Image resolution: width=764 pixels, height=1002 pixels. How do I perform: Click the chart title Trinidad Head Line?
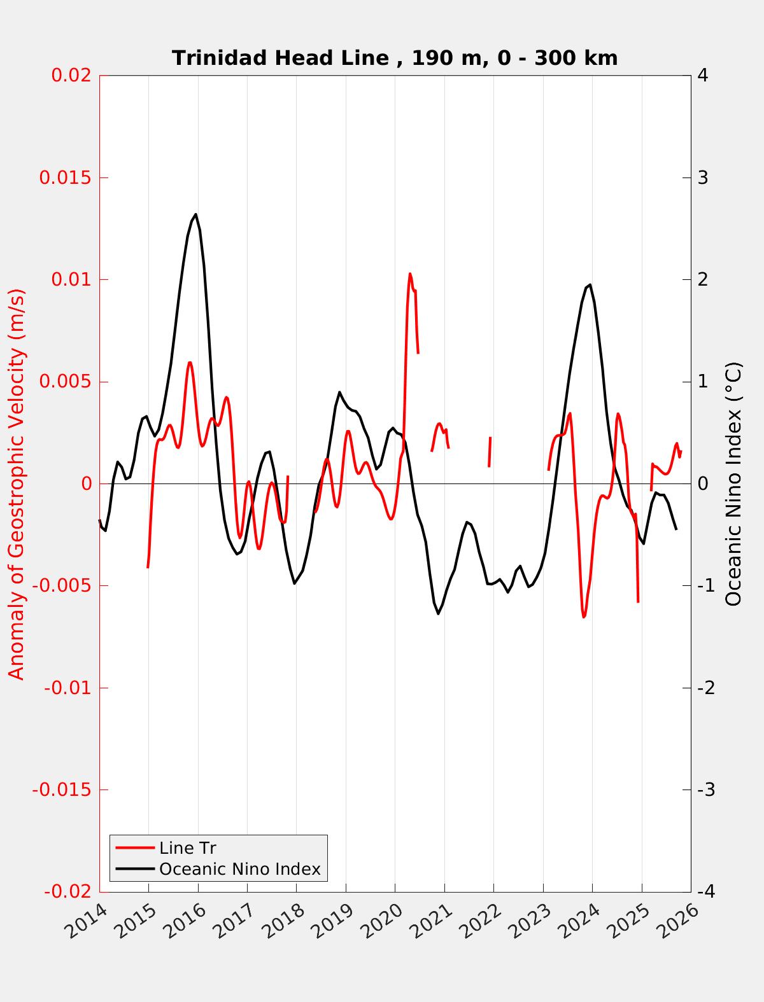pyautogui.click(x=395, y=58)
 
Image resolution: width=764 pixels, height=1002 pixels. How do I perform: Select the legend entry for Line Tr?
pyautogui.click(x=187, y=848)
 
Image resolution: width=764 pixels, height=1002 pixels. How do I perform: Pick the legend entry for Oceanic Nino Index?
pyautogui.click(x=239, y=869)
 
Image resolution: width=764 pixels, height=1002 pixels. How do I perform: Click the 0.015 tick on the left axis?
pyautogui.click(x=66, y=177)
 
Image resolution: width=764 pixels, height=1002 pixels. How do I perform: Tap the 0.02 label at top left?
pyautogui.click(x=72, y=75)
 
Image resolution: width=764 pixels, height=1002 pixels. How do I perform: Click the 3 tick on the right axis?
pyautogui.click(x=704, y=177)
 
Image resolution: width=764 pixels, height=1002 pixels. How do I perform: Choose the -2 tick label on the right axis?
pyautogui.click(x=706, y=688)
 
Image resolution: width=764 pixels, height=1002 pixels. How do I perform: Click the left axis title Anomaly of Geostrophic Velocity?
pyautogui.click(x=17, y=484)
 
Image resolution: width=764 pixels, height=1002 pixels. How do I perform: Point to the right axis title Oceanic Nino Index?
pyautogui.click(x=733, y=484)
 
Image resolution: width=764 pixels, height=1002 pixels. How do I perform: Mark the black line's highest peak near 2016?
pyautogui.click(x=195, y=214)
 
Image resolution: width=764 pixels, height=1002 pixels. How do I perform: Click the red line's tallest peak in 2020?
pyautogui.click(x=410, y=274)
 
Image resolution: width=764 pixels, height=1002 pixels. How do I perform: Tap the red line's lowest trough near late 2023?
pyautogui.click(x=583, y=616)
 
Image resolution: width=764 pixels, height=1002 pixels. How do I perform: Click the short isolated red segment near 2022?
pyautogui.click(x=490, y=452)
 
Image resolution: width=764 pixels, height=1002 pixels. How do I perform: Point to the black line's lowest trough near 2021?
pyautogui.click(x=438, y=613)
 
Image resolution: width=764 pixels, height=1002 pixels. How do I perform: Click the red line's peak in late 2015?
pyautogui.click(x=189, y=363)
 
